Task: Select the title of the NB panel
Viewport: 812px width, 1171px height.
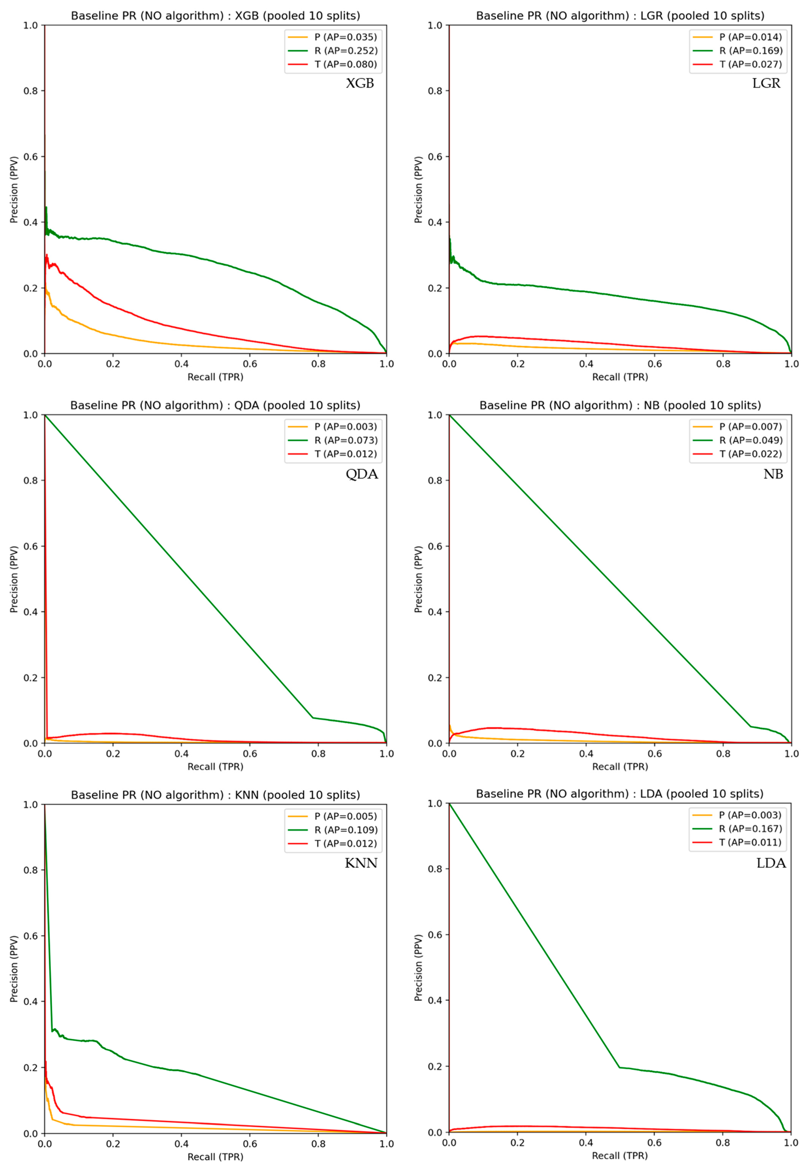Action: click(x=620, y=406)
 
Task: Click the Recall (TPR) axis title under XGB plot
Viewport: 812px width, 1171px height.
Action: click(x=215, y=377)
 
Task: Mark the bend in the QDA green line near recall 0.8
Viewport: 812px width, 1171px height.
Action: click(x=312, y=718)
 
